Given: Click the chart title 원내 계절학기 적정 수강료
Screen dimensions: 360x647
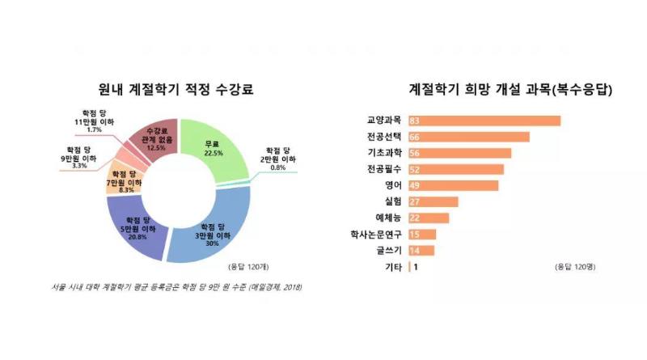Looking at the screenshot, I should tap(175, 90).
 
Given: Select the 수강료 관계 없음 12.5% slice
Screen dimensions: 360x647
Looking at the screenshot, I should tap(156, 139).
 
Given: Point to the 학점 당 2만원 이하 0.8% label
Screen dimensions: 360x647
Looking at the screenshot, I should tap(277, 157).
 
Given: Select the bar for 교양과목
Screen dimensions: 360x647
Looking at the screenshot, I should tap(484, 121).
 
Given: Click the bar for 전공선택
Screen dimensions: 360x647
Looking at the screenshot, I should tap(469, 138).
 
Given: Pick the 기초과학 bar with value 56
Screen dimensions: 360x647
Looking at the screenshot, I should tap(459, 154).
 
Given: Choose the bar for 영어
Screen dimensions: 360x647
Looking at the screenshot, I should tap(454, 185).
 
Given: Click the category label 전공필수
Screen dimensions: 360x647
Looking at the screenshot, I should tap(383, 169).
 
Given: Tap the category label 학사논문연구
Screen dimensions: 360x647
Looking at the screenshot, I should tap(377, 235).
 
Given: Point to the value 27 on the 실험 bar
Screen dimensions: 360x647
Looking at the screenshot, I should tap(415, 202).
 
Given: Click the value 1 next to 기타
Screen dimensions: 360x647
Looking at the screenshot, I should tap(416, 267).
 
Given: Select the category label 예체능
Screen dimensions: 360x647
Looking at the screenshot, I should tap(388, 218).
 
